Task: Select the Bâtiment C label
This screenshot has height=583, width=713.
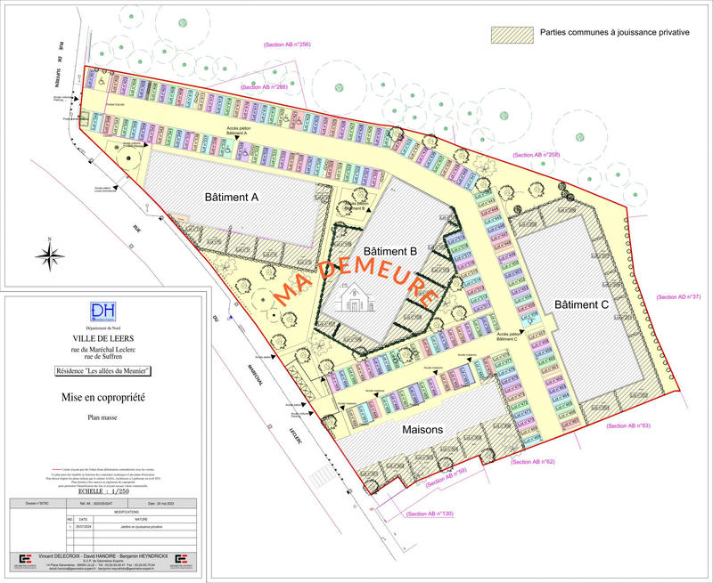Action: (581, 304)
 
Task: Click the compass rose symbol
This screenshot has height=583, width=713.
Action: (48, 255)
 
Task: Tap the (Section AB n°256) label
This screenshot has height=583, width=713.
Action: (287, 44)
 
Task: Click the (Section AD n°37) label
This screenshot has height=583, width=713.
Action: (678, 296)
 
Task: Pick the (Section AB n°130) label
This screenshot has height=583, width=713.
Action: (430, 514)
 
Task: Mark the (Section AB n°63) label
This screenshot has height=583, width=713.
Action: (628, 426)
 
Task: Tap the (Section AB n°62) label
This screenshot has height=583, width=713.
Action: (533, 462)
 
